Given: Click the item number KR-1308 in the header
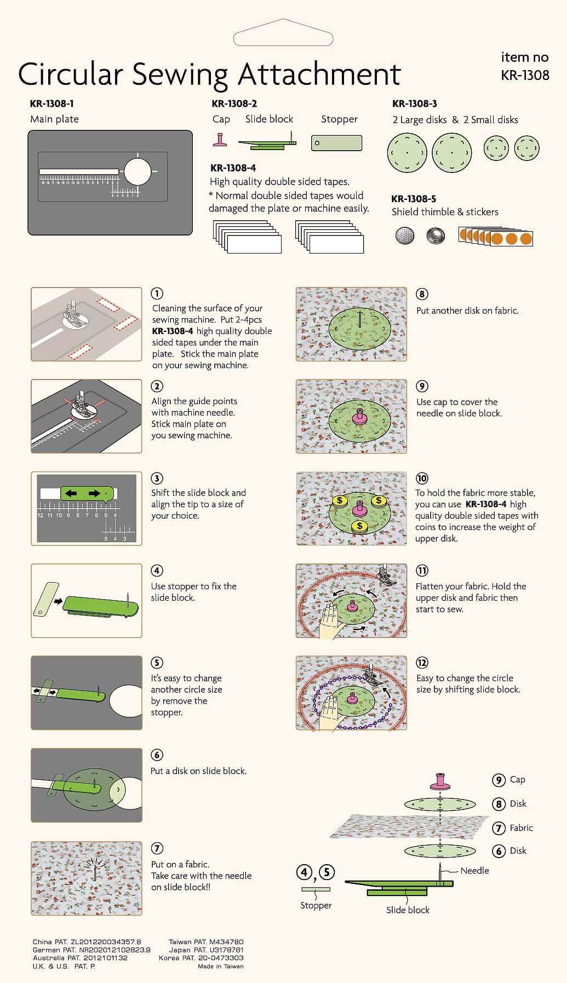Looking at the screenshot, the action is (x=525, y=75).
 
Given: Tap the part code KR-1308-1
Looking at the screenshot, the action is (x=52, y=104).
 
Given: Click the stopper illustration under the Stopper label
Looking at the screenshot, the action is (x=336, y=143).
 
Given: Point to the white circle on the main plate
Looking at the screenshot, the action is (x=137, y=171).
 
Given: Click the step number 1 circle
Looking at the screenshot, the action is (x=157, y=294).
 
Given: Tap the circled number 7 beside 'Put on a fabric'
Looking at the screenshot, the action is (x=157, y=848).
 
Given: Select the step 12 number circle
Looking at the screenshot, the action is (x=422, y=663).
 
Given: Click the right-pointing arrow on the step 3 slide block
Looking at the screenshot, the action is (x=94, y=493).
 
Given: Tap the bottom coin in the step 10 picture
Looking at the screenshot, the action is (x=359, y=527).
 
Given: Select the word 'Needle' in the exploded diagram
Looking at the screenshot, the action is (x=474, y=871).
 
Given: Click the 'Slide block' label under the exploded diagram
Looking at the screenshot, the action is (x=408, y=910).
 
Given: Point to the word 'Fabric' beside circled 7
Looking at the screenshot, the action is (x=521, y=828).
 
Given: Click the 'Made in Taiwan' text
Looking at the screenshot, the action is (x=221, y=967).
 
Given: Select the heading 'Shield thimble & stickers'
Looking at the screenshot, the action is (x=445, y=212).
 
